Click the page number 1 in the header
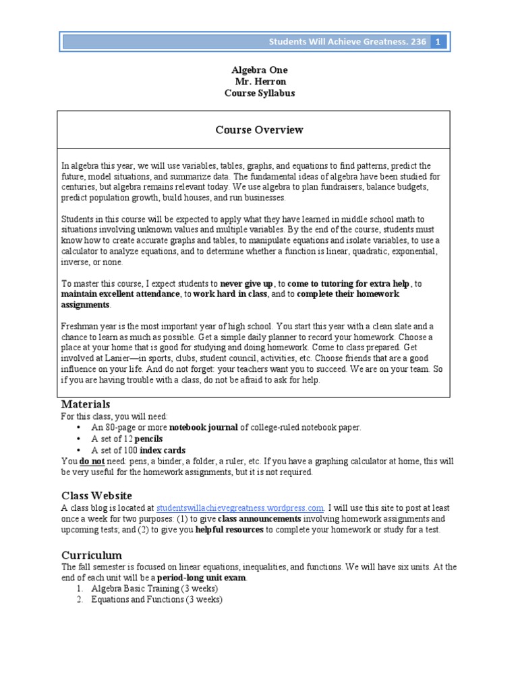click(x=438, y=42)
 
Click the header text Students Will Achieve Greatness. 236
click(x=347, y=42)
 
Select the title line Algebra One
click(x=259, y=70)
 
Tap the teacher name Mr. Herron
click(x=259, y=81)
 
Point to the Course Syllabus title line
click(x=259, y=93)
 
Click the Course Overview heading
click(x=259, y=130)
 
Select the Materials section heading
click(x=86, y=404)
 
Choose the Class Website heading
click(x=96, y=495)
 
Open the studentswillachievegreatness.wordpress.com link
click(x=240, y=508)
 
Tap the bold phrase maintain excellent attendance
click(x=120, y=295)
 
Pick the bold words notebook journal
click(x=203, y=427)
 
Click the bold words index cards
click(x=162, y=450)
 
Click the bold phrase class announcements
click(x=260, y=519)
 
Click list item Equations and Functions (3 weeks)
click(x=156, y=600)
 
